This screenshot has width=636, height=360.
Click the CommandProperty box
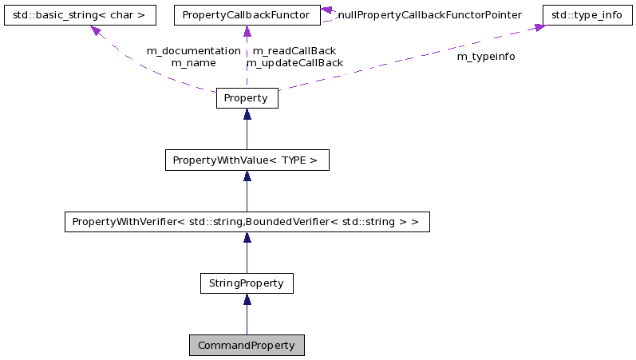point(247,346)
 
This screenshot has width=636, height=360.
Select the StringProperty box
point(247,283)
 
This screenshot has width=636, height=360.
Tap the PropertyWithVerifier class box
point(247,221)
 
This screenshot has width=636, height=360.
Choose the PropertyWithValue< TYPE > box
point(247,160)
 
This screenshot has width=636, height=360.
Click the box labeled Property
point(247,98)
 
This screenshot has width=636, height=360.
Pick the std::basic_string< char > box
point(79,15)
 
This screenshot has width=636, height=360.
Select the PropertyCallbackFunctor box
point(247,15)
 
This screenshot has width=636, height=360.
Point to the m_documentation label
point(193,50)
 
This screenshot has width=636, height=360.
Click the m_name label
point(193,62)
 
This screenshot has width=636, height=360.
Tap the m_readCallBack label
point(294,50)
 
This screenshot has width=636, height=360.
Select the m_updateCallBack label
point(294,62)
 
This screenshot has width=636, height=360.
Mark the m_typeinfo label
point(485,57)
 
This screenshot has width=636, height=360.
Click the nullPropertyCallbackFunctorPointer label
point(429,15)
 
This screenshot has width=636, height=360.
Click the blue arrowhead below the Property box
point(247,114)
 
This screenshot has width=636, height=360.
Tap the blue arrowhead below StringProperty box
point(247,299)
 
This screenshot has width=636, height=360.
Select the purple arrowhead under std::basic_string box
point(96,31)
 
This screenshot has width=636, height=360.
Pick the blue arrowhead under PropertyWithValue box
point(247,176)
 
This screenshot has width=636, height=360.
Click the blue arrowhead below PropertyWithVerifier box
point(247,238)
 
